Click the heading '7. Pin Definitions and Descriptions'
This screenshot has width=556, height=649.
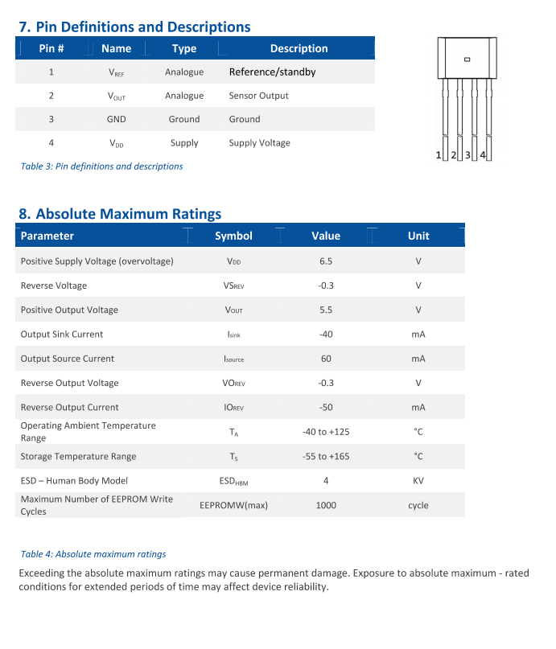coord(134,27)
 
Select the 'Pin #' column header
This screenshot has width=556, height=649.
coord(51,48)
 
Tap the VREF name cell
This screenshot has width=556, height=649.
coord(117,72)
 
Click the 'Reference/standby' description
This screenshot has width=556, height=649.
coord(272,72)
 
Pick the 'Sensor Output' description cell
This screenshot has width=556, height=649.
coord(258,96)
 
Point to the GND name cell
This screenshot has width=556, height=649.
coord(117,119)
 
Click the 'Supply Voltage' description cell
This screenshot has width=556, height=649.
coord(259,143)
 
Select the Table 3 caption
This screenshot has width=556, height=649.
coord(101,166)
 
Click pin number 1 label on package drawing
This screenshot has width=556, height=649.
coord(439,154)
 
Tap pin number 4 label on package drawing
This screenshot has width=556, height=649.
coord(483,154)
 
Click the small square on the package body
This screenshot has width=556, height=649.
coord(467,59)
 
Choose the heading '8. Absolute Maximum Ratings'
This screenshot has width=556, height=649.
coord(120,214)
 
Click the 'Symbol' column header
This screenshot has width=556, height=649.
coord(233,236)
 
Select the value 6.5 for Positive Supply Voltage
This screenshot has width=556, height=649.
coord(326,261)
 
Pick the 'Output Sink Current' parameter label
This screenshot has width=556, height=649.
coord(62,335)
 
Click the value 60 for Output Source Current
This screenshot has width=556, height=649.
coord(326,359)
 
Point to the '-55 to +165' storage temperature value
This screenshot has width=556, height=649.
coord(326,457)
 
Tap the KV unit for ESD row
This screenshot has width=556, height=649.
coord(418,481)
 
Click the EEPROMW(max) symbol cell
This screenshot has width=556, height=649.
coord(233,506)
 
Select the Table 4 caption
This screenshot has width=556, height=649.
coord(93,554)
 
